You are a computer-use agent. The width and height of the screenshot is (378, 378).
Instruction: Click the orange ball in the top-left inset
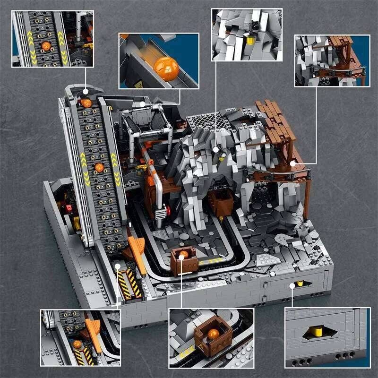(x=46, y=46)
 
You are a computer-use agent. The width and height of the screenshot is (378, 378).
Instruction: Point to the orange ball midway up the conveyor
(x=99, y=167)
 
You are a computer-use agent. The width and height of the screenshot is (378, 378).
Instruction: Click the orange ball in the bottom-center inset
(x=214, y=334)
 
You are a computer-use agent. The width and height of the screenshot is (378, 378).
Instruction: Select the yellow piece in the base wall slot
(x=299, y=284)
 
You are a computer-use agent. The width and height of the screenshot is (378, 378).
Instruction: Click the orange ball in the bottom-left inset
(x=77, y=344)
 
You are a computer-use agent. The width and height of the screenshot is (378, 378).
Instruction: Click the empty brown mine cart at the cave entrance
(x=220, y=201)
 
